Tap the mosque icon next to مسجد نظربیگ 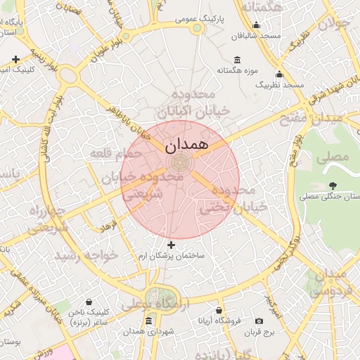coord(279,75)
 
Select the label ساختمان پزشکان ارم coord(175,255)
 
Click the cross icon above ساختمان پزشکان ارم coord(172,244)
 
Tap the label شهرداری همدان coord(147,331)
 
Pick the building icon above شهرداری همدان coord(148,321)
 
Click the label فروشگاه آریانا coord(219,321)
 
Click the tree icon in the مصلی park coord(332,186)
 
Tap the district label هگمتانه coord(261,6)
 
